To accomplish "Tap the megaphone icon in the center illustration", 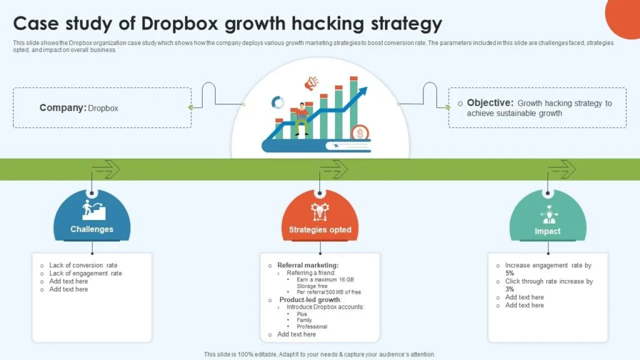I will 311,82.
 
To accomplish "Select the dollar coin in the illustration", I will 359,132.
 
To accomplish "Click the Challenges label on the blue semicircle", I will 92,229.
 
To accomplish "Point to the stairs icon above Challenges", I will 94,210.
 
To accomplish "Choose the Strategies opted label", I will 320,230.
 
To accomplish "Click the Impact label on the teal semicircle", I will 547,231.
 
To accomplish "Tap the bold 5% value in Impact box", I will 510,273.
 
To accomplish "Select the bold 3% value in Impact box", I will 510,289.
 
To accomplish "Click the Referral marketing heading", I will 307,266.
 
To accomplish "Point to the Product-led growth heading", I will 310,300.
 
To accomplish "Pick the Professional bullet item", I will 312,326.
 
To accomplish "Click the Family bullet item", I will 304,320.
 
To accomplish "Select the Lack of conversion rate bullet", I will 83,266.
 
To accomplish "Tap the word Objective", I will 490,103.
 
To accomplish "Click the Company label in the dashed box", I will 62,107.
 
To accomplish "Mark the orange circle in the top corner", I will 625,16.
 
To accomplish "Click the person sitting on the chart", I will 302,117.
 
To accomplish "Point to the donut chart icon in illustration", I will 277,102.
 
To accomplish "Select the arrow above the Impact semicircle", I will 561,169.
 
